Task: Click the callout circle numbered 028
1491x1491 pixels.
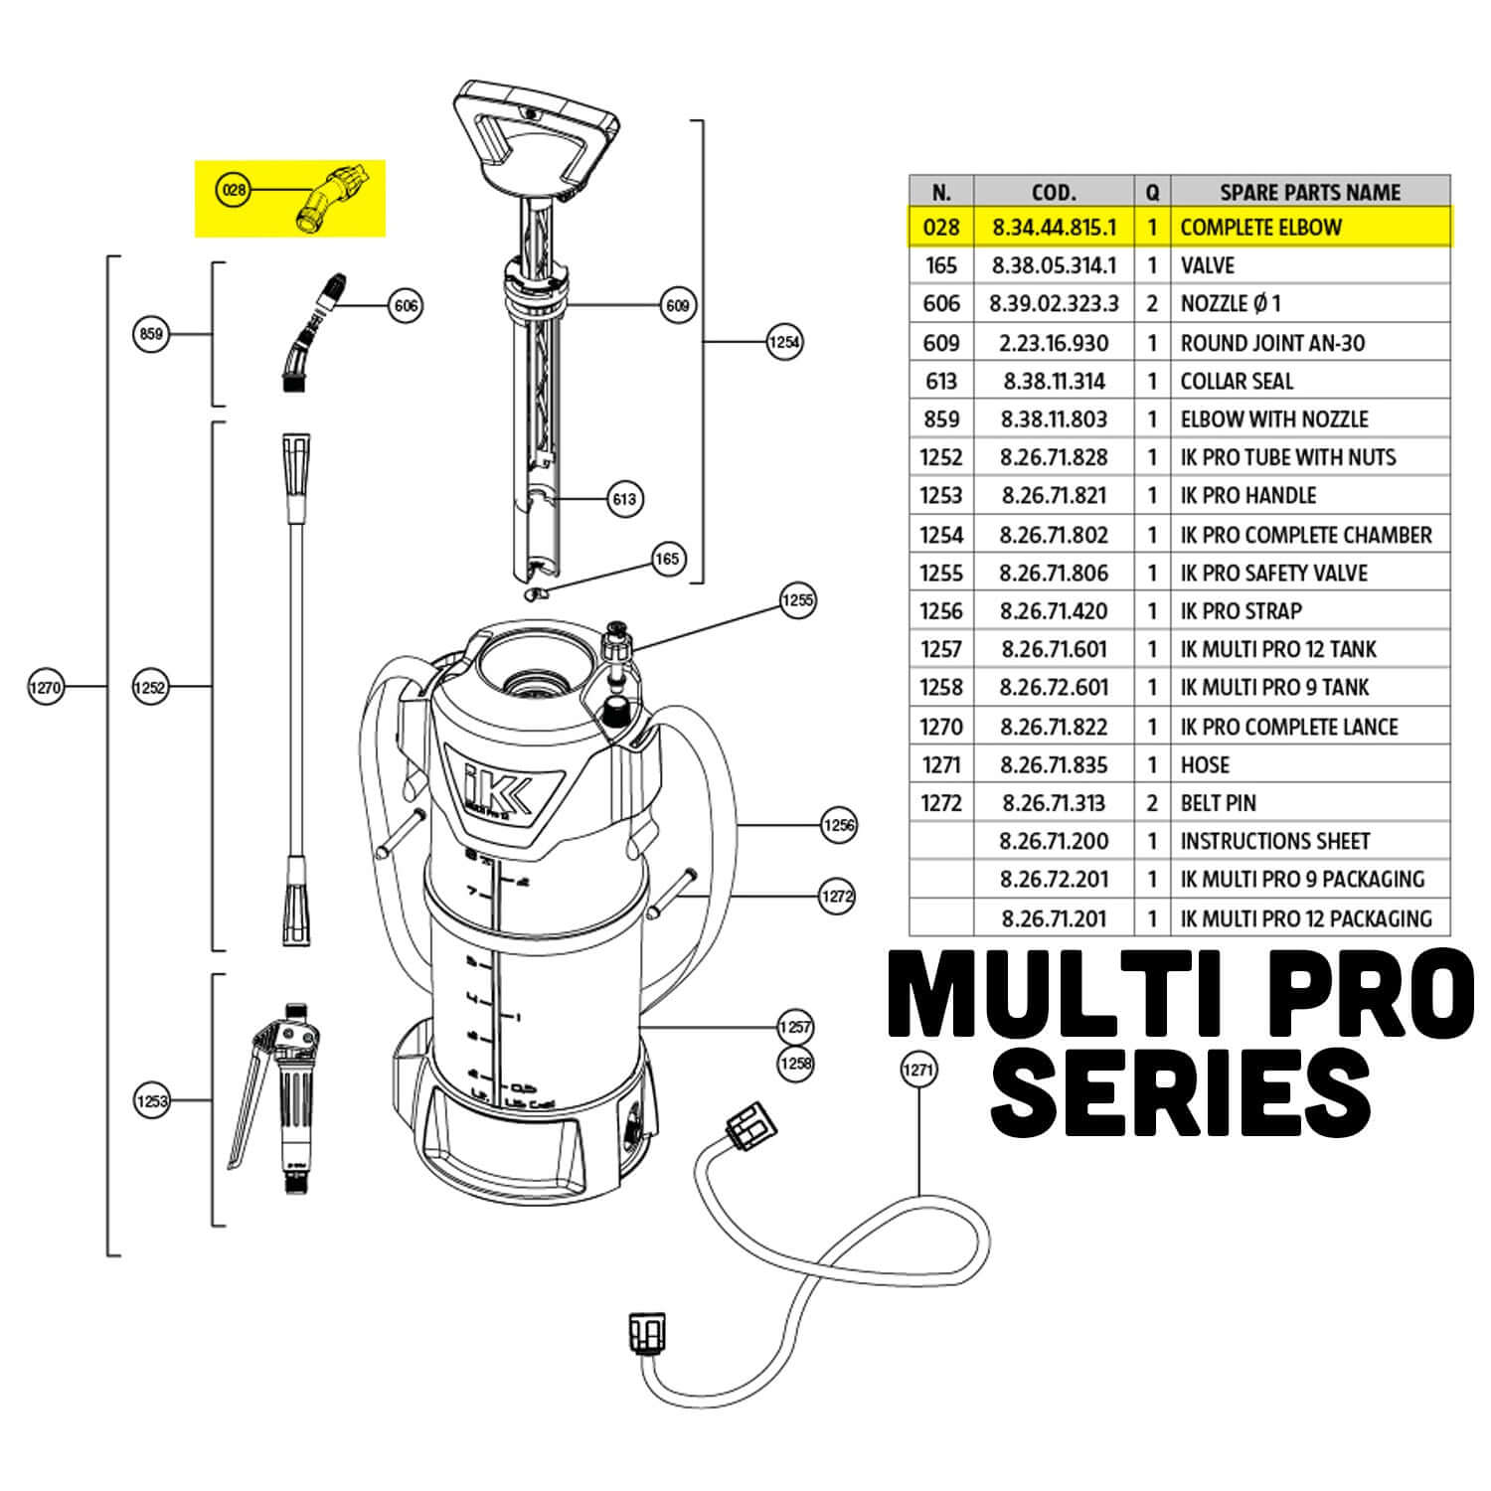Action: (233, 189)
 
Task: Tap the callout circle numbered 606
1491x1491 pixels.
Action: (406, 305)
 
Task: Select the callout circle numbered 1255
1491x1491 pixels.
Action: (797, 599)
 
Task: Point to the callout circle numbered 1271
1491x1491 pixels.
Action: (917, 1070)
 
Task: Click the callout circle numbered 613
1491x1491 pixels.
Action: (624, 498)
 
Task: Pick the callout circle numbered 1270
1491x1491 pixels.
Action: (46, 686)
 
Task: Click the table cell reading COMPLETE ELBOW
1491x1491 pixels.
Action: (1260, 228)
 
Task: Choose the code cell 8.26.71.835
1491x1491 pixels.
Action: (1053, 765)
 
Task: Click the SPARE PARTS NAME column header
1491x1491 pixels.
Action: (1309, 192)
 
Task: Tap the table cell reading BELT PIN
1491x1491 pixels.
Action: (1218, 803)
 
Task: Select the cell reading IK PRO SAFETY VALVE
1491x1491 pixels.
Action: (1273, 574)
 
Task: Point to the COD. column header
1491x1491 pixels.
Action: (1053, 192)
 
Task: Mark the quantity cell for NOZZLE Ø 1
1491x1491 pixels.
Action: (1152, 304)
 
